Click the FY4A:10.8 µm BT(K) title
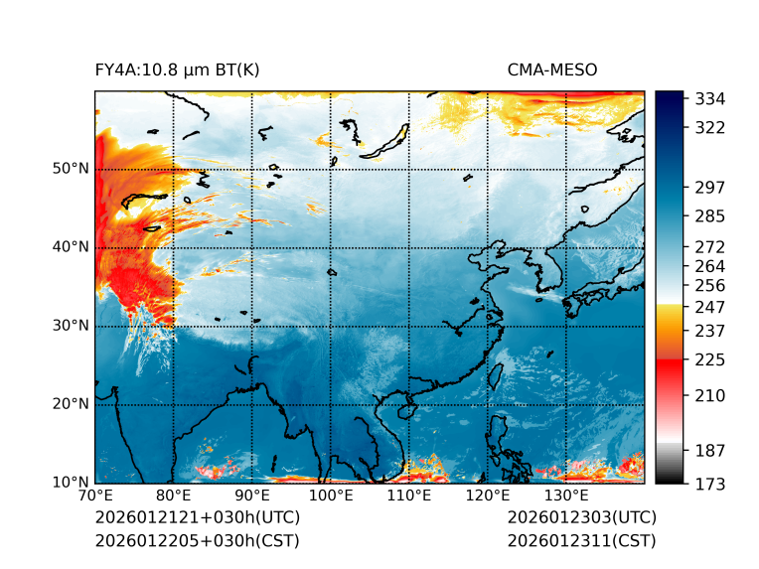[177, 70]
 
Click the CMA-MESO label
[552, 70]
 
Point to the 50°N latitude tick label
[71, 169]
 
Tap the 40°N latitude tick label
[71, 247]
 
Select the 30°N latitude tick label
[71, 326]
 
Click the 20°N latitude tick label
[71, 404]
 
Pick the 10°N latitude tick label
[71, 483]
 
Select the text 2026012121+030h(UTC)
[197, 518]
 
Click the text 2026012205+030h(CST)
[197, 541]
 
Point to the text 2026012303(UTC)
[581, 518]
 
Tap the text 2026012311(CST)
[581, 541]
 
